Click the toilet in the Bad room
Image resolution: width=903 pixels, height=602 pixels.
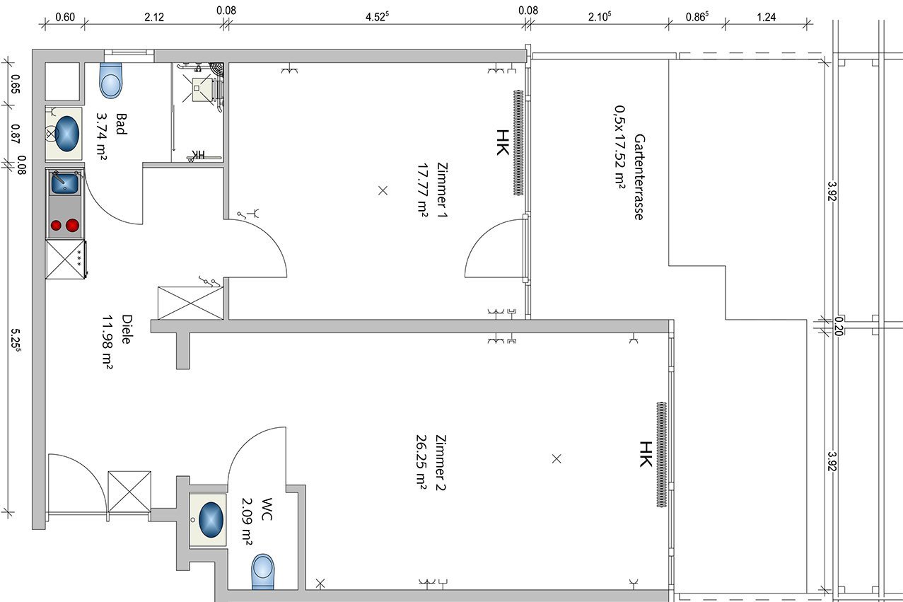coord(110,80)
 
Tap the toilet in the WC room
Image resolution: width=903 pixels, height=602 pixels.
coord(263,572)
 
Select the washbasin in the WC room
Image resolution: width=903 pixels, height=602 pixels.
coord(211,519)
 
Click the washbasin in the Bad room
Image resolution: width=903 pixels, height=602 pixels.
coord(67,134)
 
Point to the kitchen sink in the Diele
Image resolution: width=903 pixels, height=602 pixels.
coord(64,183)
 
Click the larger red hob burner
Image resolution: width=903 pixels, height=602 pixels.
coord(72,225)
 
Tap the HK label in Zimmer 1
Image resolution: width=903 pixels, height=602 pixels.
coord(502,142)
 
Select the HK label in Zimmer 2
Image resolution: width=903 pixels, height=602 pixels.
coord(646,454)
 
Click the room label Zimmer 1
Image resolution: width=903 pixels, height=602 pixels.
coord(442,190)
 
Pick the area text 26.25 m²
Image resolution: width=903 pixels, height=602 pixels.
coord(421,462)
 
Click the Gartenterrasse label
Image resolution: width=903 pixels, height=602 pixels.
coord(639,177)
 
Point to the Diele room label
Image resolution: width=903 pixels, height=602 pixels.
coord(126,329)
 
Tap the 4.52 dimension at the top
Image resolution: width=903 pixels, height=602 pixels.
coord(377,16)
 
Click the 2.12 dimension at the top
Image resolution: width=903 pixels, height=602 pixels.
coord(154,17)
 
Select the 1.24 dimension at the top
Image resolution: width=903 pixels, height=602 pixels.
coord(766,17)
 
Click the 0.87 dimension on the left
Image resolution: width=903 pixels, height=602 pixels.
coord(16,134)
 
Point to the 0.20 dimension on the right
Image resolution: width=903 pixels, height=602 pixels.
coord(839,326)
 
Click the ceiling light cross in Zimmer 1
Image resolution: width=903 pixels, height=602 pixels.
coord(383,191)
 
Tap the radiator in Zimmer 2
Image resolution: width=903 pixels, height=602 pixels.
coord(661,454)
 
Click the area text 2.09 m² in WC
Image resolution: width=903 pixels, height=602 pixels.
coord(247,522)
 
